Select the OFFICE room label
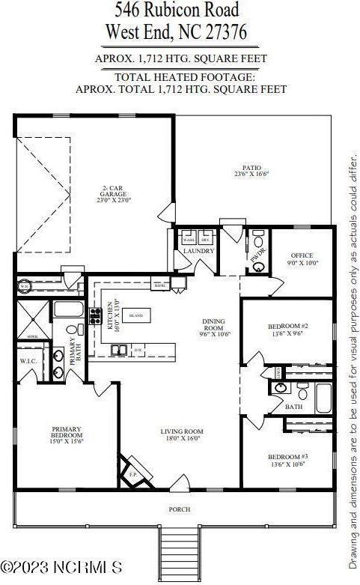(x=302, y=259)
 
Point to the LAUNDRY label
(x=199, y=251)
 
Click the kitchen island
(x=136, y=316)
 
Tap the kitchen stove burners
(x=96, y=316)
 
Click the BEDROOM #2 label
(x=288, y=330)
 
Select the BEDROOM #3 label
(x=288, y=459)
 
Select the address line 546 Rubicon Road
(x=177, y=11)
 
